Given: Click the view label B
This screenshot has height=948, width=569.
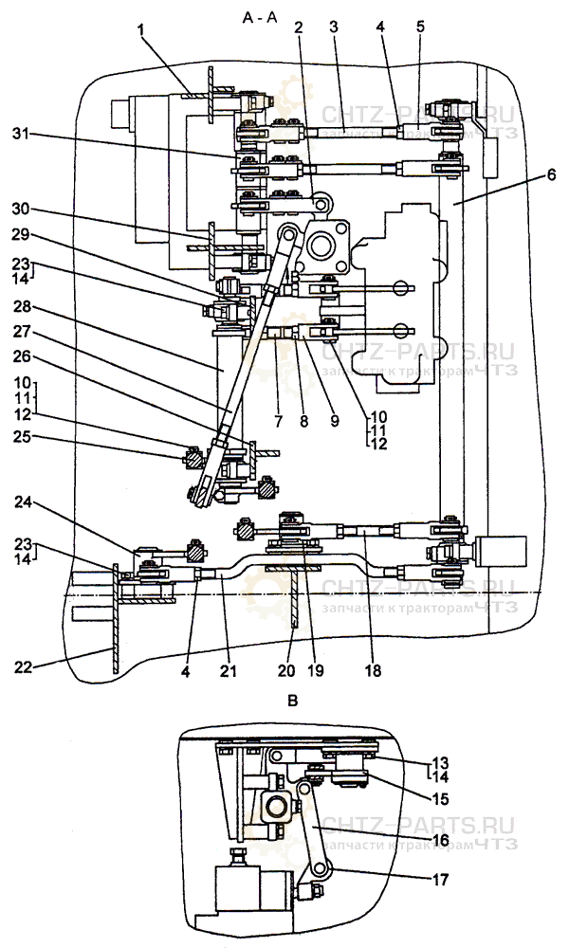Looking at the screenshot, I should pyautogui.click(x=293, y=702).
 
